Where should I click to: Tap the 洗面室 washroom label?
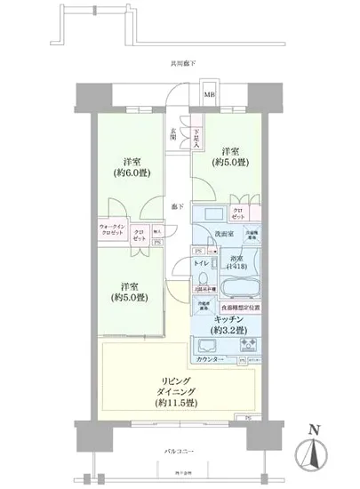(225, 233)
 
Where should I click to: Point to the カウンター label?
(208, 359)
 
